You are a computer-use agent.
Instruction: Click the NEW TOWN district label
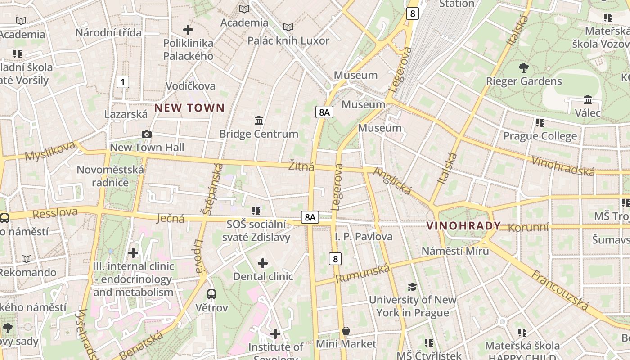(189, 108)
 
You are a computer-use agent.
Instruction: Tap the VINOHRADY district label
(463, 226)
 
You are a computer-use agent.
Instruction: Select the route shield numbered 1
(122, 82)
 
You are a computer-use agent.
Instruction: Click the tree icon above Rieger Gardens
(523, 68)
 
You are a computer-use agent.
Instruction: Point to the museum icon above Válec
(588, 99)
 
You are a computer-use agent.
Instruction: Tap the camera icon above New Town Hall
(147, 134)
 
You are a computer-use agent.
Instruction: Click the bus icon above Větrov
(211, 294)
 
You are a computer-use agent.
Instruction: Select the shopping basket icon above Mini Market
(346, 331)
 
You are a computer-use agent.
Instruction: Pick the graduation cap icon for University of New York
(412, 287)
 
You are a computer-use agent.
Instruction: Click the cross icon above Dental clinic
(263, 263)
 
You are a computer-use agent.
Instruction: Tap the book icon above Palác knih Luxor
(288, 27)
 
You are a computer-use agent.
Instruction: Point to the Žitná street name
(301, 166)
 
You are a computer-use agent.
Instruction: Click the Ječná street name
(171, 219)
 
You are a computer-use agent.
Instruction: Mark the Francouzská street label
(560, 291)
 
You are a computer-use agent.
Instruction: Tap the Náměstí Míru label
(455, 251)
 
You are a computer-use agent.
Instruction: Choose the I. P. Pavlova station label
(364, 237)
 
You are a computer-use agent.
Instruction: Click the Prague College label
(540, 136)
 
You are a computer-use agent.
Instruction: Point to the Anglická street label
(392, 182)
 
